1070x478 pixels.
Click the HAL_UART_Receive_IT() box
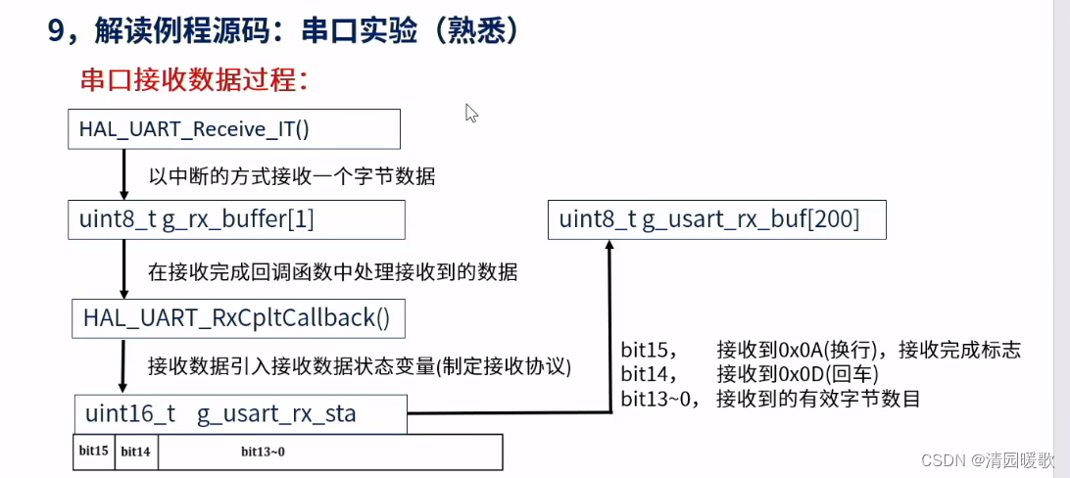(234, 129)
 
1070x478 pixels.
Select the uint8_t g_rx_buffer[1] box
(236, 220)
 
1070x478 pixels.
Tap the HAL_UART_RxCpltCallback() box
(238, 318)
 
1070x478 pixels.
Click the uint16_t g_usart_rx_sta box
(241, 413)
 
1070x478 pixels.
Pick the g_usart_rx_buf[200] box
(716, 220)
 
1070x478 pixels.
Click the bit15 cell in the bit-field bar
(94, 452)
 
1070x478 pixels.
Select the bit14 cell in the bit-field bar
(135, 452)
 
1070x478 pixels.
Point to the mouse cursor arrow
(470, 112)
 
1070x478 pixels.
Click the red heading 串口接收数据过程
(195, 79)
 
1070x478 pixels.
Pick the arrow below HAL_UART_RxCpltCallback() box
(124, 366)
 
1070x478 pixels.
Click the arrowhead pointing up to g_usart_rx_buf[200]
(609, 249)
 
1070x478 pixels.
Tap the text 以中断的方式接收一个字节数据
(292, 177)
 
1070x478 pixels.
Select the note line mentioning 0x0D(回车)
(750, 374)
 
